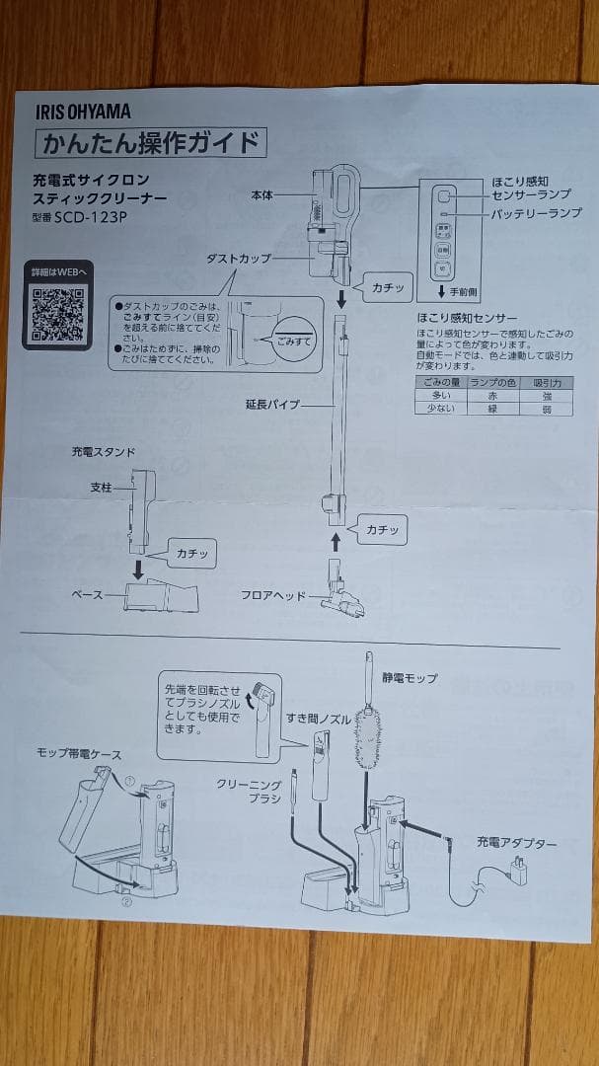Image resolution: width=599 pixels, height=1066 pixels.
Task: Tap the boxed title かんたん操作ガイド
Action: [x=151, y=144]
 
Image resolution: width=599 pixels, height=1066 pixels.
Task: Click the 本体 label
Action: [x=262, y=195]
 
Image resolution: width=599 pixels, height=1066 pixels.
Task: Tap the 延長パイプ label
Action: [x=272, y=405]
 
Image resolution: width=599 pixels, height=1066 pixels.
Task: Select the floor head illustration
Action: [x=339, y=593]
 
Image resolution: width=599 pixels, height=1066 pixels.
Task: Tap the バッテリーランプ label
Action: [x=536, y=213]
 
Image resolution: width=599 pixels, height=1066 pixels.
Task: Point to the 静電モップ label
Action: [x=410, y=678]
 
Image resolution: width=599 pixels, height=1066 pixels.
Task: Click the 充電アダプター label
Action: [x=516, y=843]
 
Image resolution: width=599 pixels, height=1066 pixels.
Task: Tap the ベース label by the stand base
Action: [x=87, y=595]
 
